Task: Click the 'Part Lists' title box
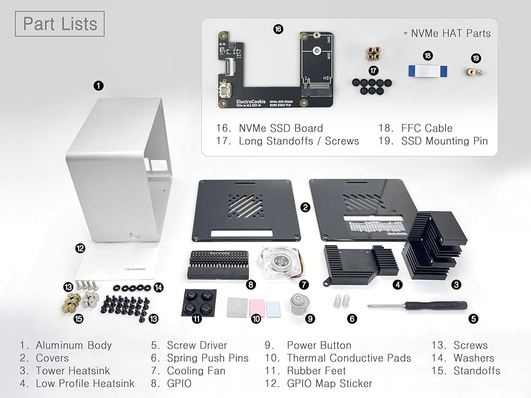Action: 60,24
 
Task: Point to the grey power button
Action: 299,303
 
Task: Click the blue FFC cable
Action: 427,70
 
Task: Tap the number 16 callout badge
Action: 278,29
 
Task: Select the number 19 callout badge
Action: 476,57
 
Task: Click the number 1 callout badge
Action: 98,85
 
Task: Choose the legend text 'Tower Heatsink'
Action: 73,370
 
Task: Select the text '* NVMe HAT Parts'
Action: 447,33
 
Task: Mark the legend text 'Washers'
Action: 474,358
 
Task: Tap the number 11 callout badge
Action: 197,319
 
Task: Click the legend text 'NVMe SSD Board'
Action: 280,128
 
